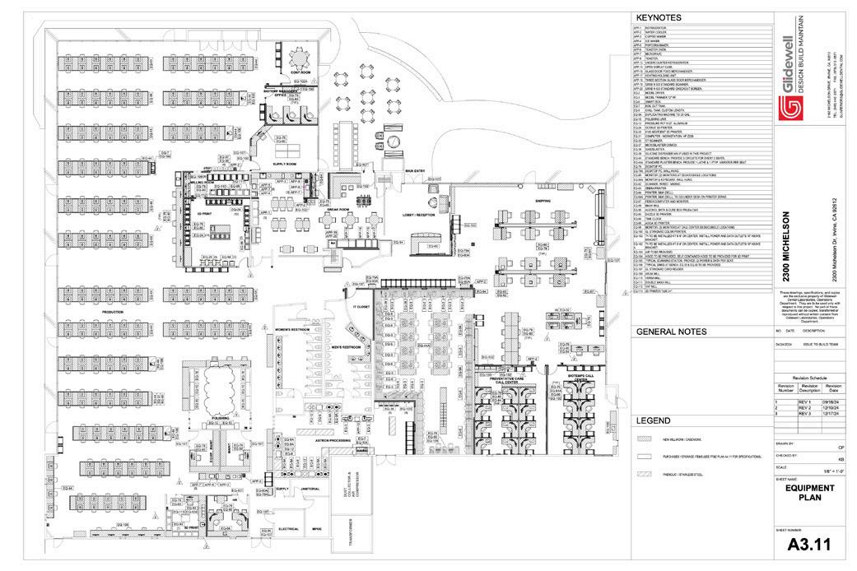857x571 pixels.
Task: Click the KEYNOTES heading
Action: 658,16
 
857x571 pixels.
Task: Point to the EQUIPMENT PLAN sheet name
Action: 810,492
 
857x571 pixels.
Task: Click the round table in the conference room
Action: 297,58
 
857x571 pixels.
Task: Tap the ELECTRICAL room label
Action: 288,529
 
